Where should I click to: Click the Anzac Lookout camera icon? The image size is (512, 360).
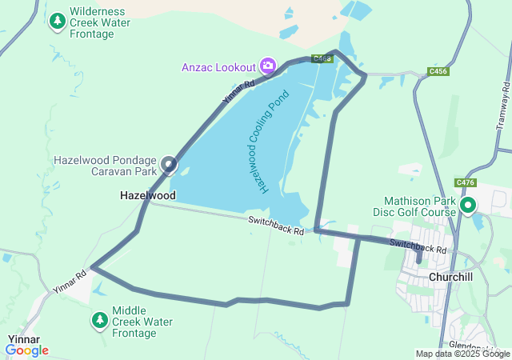point(268,66)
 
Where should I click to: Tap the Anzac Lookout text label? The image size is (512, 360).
point(218,66)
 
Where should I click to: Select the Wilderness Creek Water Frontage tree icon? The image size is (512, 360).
point(58,22)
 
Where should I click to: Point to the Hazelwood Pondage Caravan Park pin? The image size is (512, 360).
point(169,165)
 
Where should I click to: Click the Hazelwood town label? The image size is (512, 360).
point(148,195)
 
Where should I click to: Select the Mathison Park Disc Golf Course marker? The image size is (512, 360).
point(468,206)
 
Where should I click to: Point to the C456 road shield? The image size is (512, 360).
point(438,71)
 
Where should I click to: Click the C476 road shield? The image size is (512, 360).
point(465,182)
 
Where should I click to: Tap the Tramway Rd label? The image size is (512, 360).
point(503,107)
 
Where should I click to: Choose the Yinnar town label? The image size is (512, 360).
point(24,339)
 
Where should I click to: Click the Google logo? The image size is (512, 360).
point(27,350)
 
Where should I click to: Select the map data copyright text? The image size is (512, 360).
point(462,354)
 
